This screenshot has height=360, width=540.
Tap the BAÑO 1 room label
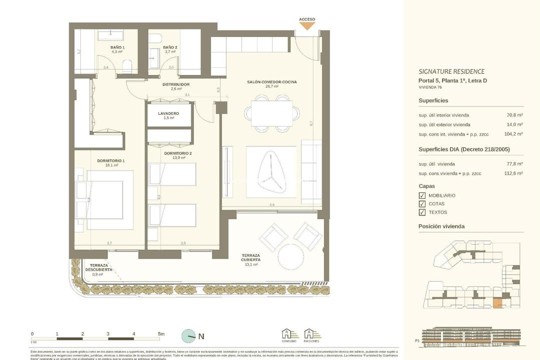117,47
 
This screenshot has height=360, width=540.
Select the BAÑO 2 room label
170,47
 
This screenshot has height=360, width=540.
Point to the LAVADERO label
168,113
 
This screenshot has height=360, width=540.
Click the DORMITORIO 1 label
111,161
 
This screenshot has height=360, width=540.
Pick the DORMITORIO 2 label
178,153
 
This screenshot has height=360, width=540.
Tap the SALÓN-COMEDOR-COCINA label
271,82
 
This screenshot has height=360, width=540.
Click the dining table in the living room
271,113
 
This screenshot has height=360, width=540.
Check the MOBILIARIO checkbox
422,195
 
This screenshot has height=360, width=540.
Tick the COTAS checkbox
422,204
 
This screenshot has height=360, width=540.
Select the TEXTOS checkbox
422,212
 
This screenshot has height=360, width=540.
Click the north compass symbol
189,336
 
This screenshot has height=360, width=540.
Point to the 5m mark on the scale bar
160,333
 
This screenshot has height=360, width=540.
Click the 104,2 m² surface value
513,134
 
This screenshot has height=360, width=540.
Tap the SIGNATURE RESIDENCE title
451,71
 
